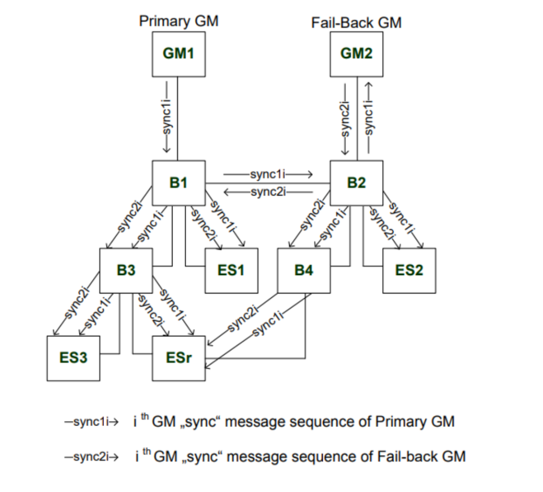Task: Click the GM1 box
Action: pyautogui.click(x=178, y=53)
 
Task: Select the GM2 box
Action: pyautogui.click(x=356, y=53)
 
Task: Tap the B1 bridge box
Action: pyautogui.click(x=178, y=183)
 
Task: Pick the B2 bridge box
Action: pyautogui.click(x=356, y=183)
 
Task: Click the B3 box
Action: pyautogui.click(x=126, y=271)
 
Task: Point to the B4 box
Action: pyautogui.click(x=304, y=271)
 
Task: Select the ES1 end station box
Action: pyautogui.click(x=231, y=271)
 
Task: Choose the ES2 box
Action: pyautogui.click(x=409, y=271)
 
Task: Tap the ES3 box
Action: pyautogui.click(x=73, y=358)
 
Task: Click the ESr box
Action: pyautogui.click(x=178, y=358)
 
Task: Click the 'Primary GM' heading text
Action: pyautogui.click(x=178, y=22)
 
